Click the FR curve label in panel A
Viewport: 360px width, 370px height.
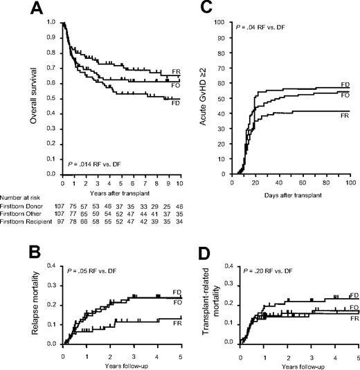click(x=177, y=71)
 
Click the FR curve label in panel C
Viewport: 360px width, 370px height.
click(x=344, y=111)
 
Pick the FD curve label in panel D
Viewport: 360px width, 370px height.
click(x=353, y=295)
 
